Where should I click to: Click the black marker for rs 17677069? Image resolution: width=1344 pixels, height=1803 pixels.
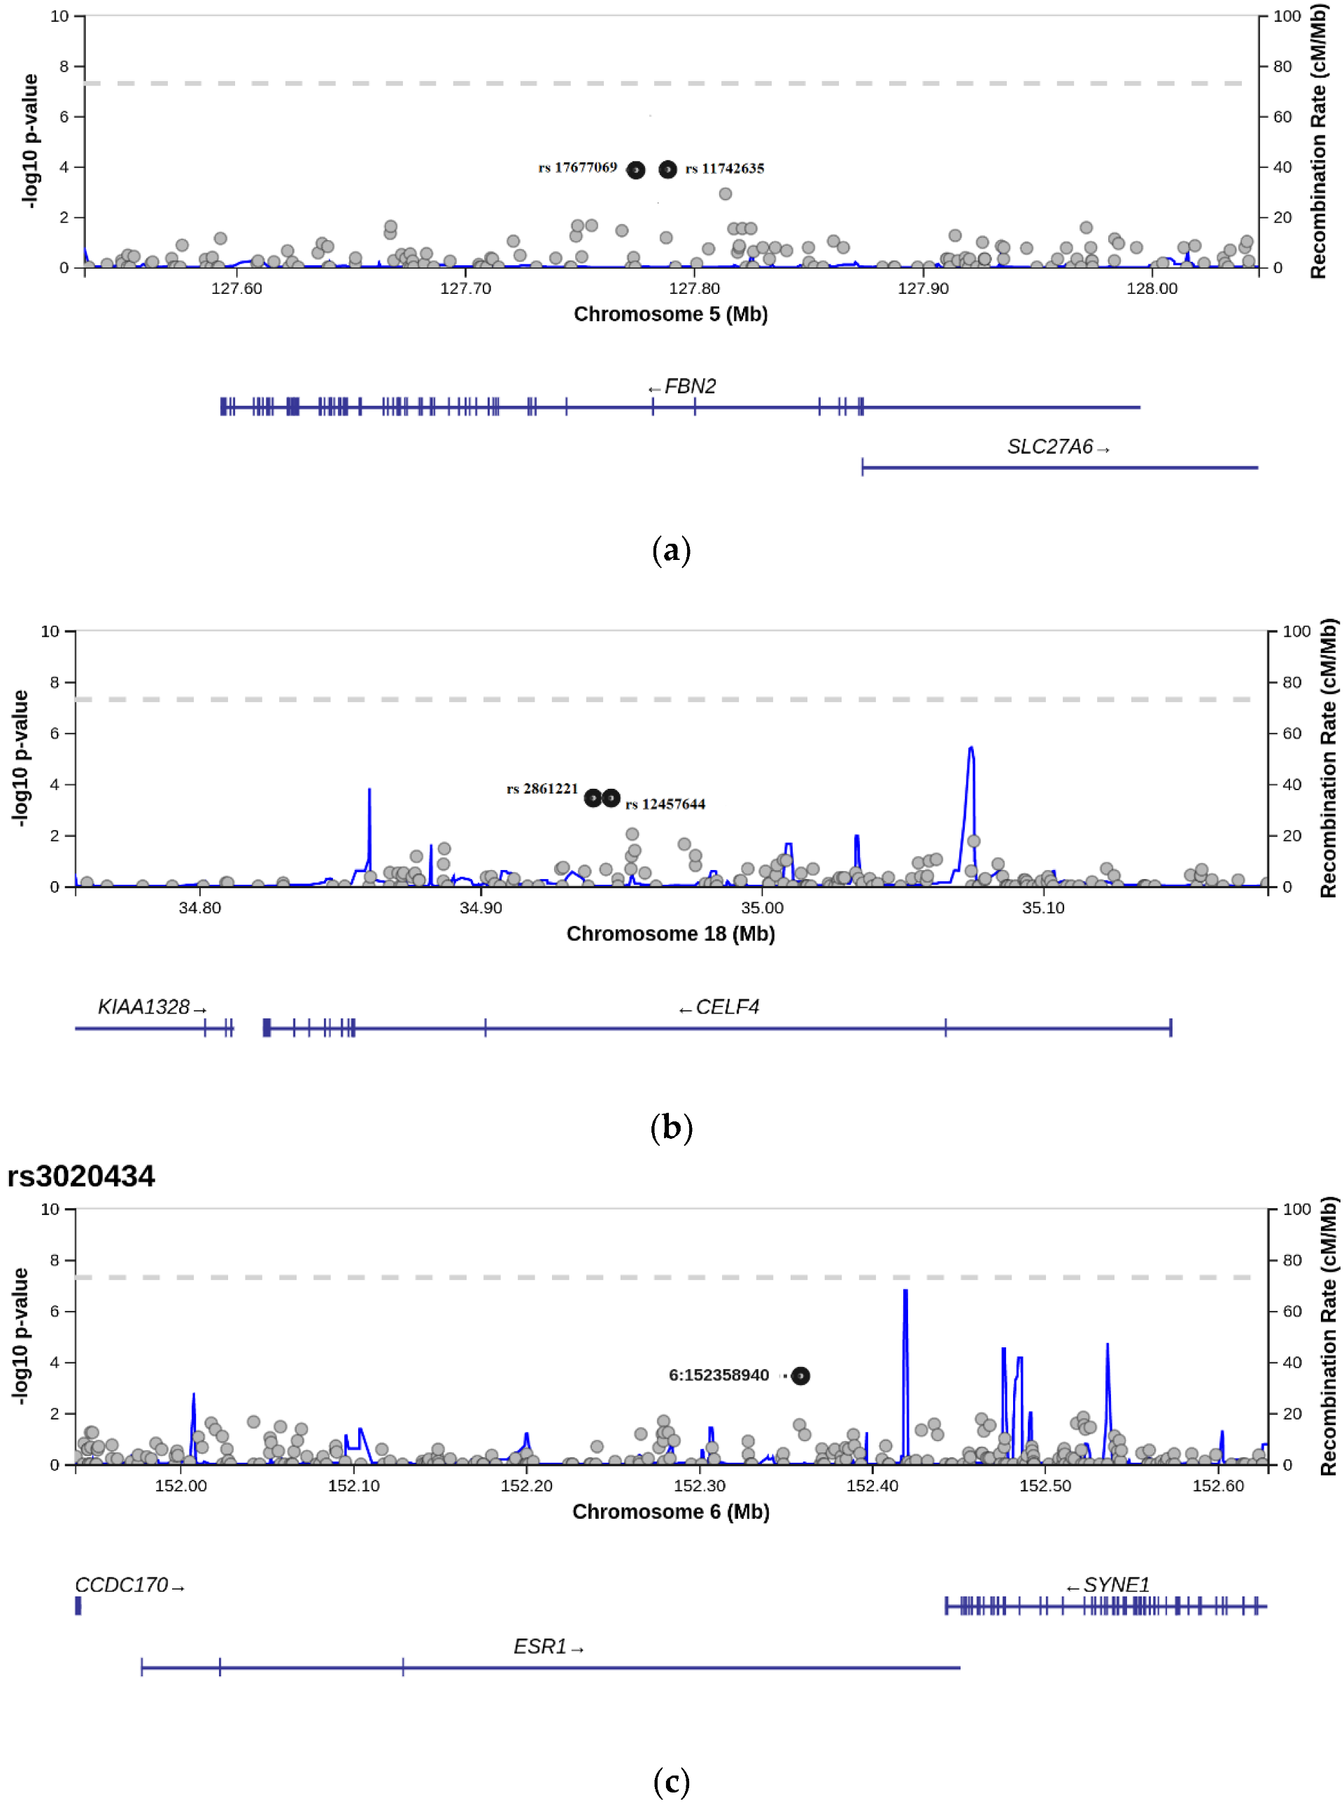coord(636,169)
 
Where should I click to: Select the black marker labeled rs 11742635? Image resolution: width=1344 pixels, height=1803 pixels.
coord(667,169)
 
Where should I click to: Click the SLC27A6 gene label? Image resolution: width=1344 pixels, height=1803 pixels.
coord(1049,447)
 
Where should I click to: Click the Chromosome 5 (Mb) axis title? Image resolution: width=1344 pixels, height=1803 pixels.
coord(670,314)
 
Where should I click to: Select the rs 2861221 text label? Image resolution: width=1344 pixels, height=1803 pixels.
coord(542,789)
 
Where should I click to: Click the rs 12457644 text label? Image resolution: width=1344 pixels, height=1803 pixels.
coord(665,804)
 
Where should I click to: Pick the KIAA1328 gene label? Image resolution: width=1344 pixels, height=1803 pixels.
coord(144,1007)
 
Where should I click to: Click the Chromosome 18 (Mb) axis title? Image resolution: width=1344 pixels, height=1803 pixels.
coord(670,934)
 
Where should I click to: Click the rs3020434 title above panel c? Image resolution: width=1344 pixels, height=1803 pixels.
coord(80,1177)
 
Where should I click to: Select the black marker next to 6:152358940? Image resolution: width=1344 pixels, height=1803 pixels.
coord(800,1375)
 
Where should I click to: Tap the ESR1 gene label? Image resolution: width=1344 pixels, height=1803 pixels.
coord(540,1647)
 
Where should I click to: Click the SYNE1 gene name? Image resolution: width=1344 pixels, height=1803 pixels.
coord(1115,1585)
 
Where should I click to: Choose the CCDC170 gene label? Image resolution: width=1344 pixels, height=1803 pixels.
coord(121,1585)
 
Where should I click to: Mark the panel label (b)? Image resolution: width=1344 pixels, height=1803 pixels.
coord(671,1128)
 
